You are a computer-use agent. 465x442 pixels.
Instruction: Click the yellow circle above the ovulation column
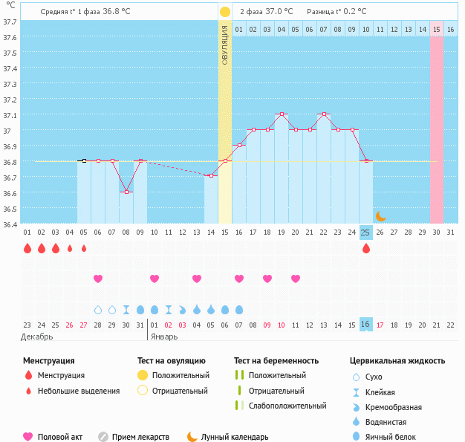tap(225, 12)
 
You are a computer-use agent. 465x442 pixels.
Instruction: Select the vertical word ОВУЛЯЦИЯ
tap(225, 45)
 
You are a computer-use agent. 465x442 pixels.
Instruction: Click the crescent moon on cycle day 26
tap(380, 216)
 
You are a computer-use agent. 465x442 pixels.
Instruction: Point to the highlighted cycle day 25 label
tap(365, 233)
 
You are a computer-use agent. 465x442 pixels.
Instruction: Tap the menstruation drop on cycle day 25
tap(365, 249)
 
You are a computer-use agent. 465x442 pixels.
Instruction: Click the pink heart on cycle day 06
tap(98, 279)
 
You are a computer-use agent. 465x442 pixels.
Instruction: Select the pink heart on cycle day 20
tap(296, 279)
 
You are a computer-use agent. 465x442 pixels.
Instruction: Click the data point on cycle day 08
tap(126, 192)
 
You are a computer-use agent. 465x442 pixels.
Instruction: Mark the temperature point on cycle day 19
tap(282, 114)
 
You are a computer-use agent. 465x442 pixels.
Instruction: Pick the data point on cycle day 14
tap(211, 175)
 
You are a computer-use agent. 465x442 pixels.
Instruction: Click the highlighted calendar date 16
tap(365, 325)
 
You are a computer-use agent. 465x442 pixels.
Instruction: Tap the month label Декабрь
tap(36, 337)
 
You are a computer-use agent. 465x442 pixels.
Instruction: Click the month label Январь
tap(163, 337)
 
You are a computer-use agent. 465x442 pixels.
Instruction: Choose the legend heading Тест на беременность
tap(276, 361)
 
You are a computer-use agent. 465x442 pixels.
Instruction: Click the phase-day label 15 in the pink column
tap(437, 29)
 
